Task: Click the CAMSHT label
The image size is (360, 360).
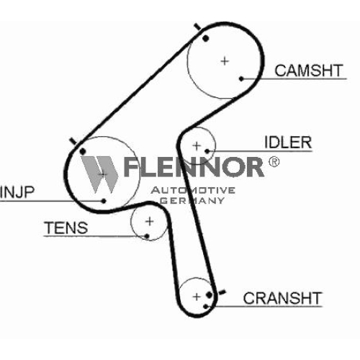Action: point(309,71)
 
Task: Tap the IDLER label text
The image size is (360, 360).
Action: point(288,143)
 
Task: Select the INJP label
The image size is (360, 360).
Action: point(17,192)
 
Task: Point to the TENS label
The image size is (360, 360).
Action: point(66,228)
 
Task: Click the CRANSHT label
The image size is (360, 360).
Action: point(282,298)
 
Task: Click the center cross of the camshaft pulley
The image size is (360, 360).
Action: point(225,61)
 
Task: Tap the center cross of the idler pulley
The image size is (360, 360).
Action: point(197,145)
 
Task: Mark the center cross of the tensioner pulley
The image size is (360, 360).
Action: point(150,221)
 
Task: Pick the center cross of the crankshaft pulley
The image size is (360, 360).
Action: point(197,297)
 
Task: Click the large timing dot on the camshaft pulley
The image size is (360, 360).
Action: point(205,38)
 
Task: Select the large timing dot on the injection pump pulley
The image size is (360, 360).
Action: point(83,151)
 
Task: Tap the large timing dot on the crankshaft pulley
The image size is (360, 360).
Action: point(210,294)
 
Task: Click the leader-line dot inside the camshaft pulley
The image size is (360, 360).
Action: point(241,78)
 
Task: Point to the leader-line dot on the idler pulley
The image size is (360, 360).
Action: point(207,151)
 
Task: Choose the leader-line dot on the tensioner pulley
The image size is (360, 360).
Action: point(147,236)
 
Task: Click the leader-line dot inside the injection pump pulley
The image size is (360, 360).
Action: point(104,201)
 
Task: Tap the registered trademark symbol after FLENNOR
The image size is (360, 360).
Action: point(274,162)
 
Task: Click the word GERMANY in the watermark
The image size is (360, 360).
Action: point(192,201)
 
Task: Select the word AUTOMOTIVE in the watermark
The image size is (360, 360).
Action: point(193,190)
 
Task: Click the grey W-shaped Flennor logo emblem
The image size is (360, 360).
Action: point(99,174)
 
